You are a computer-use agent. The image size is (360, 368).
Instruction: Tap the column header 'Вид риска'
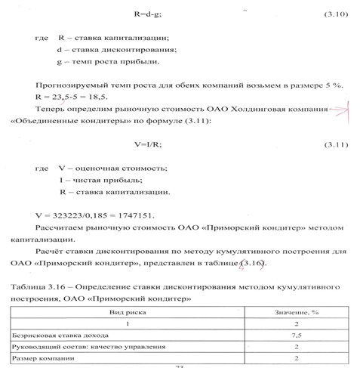tap(126, 311)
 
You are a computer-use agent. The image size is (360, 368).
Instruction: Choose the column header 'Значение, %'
tap(297, 311)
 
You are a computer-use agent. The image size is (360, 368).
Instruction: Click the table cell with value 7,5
tap(297, 335)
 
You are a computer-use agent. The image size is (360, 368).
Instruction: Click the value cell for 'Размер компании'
tap(297, 357)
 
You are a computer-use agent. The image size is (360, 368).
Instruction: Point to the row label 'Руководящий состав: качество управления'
tap(68, 346)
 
